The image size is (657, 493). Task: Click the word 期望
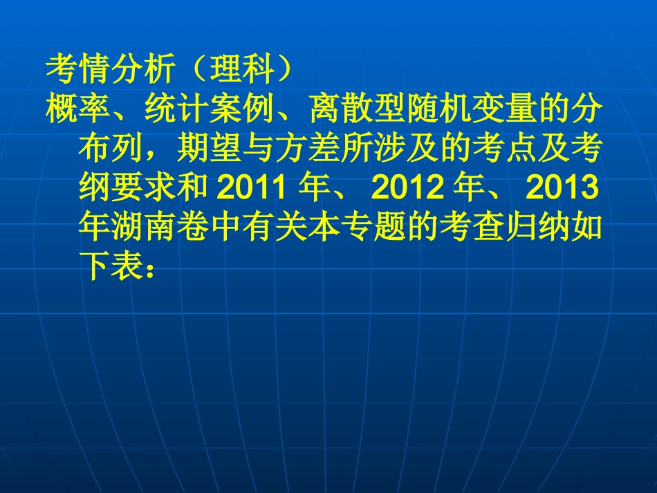(210, 147)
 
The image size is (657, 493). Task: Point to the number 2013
(560, 187)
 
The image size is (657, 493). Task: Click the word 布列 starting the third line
(111, 147)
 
